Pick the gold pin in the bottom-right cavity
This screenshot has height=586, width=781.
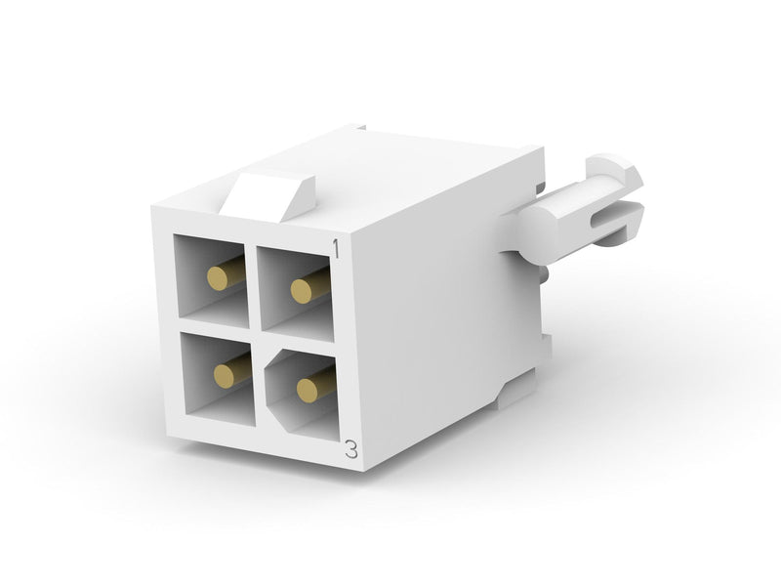pyautogui.click(x=310, y=390)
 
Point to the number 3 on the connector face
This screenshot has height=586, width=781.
pyautogui.click(x=350, y=450)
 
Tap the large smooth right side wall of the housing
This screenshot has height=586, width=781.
pyautogui.click(x=430, y=313)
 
